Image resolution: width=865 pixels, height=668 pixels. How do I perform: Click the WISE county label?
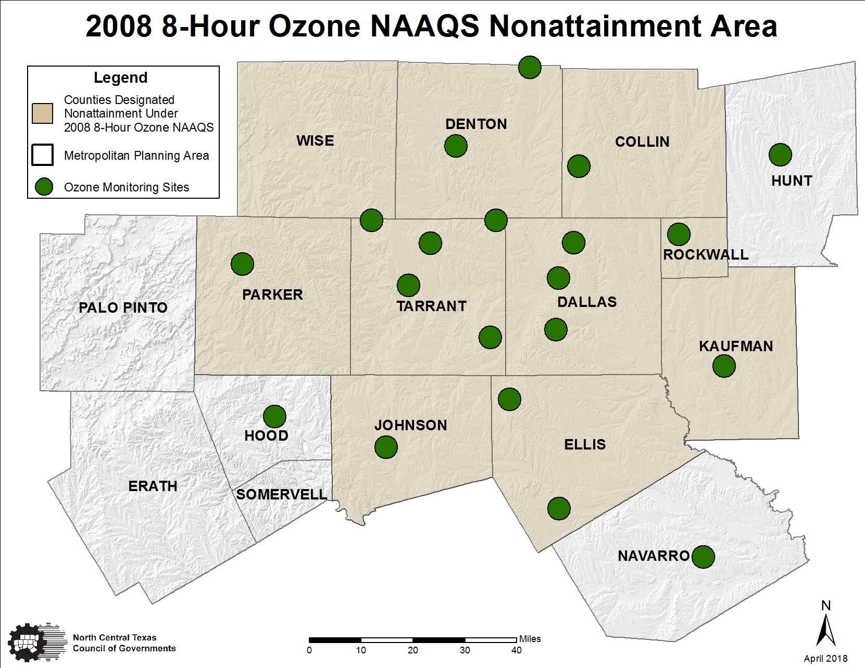(x=315, y=140)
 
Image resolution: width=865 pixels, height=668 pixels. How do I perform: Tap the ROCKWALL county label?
(x=706, y=254)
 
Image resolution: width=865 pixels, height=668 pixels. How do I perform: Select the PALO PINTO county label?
(x=123, y=307)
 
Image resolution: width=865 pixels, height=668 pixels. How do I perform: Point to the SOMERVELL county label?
(x=282, y=494)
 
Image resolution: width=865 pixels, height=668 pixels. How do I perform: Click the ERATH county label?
(x=153, y=486)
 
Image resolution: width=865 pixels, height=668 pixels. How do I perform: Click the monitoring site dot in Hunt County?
(x=780, y=155)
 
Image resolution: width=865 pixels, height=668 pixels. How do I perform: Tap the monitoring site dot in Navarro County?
(x=703, y=557)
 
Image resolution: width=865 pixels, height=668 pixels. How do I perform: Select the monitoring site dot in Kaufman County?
(x=724, y=366)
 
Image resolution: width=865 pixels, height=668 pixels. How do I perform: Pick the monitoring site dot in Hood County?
(x=274, y=416)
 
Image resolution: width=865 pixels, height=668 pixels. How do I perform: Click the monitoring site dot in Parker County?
(x=242, y=264)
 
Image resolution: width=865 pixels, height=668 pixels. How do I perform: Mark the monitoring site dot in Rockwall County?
(x=679, y=234)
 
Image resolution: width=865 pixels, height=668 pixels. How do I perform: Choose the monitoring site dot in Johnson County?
(x=386, y=447)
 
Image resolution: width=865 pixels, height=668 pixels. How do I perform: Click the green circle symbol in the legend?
(x=44, y=187)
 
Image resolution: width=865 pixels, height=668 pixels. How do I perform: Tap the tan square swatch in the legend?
(x=43, y=113)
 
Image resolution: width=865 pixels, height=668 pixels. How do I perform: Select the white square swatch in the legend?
(x=43, y=155)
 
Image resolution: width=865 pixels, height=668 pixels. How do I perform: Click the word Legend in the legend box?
(x=121, y=78)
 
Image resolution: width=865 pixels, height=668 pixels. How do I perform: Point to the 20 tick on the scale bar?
(x=413, y=650)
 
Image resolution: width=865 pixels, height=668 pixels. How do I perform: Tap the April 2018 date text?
(x=825, y=659)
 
